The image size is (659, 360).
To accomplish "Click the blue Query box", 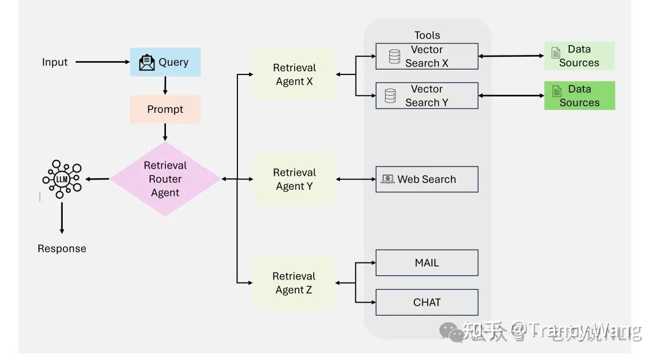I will click(165, 62).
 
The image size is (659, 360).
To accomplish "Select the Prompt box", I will click(165, 109).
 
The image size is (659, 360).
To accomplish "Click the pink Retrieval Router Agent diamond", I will click(165, 179).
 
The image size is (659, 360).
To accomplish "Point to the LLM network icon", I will click(62, 179).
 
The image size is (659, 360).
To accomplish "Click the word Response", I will click(62, 248).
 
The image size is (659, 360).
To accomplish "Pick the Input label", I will click(55, 62).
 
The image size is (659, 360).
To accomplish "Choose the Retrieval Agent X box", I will click(294, 74).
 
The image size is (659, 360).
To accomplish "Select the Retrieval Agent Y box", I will click(294, 179).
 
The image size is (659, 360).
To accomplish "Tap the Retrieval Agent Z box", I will click(294, 283).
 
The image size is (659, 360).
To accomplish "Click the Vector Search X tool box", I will click(427, 56).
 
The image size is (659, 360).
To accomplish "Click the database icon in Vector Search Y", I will click(390, 96).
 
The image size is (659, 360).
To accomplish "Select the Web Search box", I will click(427, 179).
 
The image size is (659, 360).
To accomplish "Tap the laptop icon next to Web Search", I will click(387, 179).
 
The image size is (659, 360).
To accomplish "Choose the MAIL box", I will click(427, 263).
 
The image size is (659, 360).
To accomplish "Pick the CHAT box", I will click(427, 302).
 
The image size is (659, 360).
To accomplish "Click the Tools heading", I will click(427, 35).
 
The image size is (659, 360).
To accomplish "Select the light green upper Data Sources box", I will click(579, 56).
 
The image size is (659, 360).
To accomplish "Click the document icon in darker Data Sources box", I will click(556, 92).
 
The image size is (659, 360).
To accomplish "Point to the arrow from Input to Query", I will click(102, 62).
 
